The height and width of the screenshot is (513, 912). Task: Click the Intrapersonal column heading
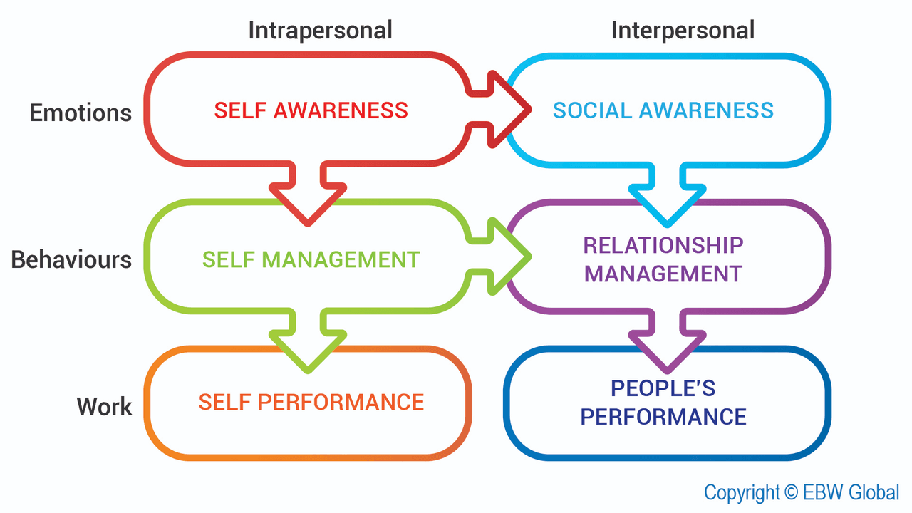click(x=320, y=31)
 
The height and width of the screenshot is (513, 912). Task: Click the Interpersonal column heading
click(x=683, y=31)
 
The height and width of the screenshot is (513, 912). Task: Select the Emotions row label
click(x=81, y=113)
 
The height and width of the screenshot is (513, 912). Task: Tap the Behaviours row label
click(x=71, y=259)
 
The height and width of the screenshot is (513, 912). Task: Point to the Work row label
click(x=104, y=407)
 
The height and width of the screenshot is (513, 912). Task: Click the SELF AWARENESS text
click(x=311, y=110)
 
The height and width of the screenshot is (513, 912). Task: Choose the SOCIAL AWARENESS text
click(x=663, y=110)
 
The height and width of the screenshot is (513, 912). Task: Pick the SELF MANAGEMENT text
click(x=311, y=259)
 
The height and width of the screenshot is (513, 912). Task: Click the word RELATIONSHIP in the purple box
click(x=663, y=245)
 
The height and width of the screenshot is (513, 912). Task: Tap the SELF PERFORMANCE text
click(x=311, y=402)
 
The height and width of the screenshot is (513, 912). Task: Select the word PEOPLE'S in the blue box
click(x=663, y=388)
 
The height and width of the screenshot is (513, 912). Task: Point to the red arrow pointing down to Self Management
click(x=308, y=196)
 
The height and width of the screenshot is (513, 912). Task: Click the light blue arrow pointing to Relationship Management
click(x=667, y=196)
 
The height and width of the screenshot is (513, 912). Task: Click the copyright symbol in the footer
click(x=789, y=493)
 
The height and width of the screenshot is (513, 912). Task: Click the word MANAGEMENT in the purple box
click(x=663, y=274)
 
